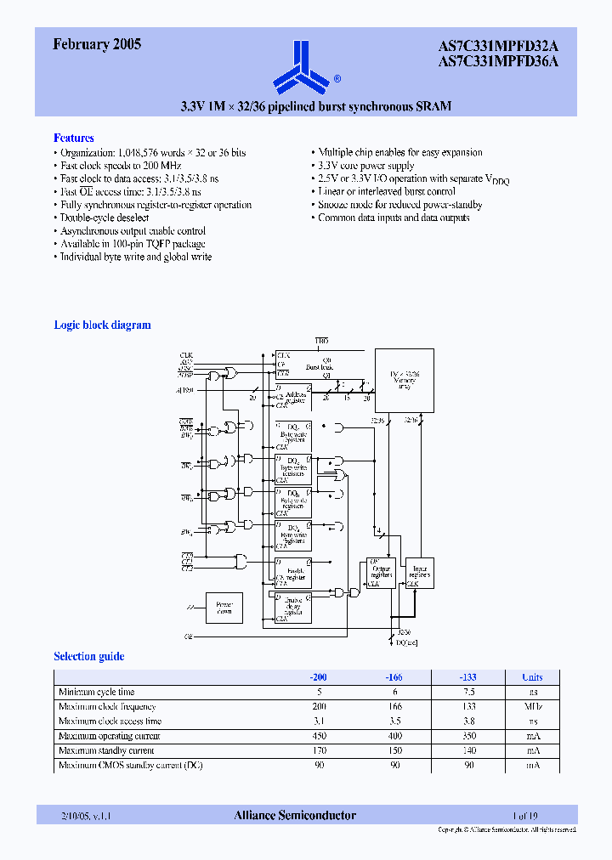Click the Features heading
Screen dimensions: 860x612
click(x=74, y=138)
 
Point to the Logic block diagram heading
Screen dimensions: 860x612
click(x=102, y=325)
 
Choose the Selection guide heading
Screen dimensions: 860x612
click(x=88, y=656)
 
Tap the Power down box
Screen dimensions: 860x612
click(x=224, y=608)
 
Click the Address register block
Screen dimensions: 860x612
click(x=293, y=397)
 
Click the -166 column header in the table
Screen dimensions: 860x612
click(x=391, y=677)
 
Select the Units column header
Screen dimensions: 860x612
click(x=532, y=677)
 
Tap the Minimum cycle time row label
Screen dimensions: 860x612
click(x=96, y=693)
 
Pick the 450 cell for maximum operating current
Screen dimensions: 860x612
click(x=319, y=736)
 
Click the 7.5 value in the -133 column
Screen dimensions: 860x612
click(x=468, y=693)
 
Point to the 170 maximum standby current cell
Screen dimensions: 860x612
click(x=319, y=750)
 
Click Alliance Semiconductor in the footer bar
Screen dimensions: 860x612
click(x=295, y=815)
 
